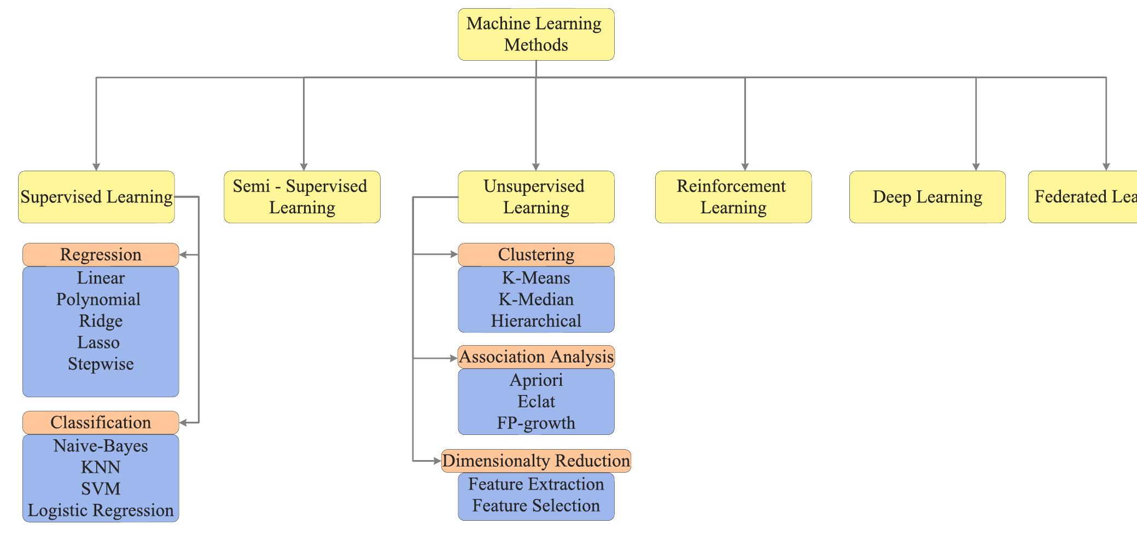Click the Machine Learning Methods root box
click(536, 34)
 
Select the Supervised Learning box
click(96, 197)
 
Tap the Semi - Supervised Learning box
click(302, 197)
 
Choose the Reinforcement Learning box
click(733, 197)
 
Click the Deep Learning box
click(927, 197)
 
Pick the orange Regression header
click(101, 255)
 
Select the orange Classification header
click(101, 423)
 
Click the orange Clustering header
click(536, 255)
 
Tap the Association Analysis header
click(536, 357)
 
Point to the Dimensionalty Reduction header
click(536, 461)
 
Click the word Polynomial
click(98, 300)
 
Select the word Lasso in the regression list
click(98, 343)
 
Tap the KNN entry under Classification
click(101, 468)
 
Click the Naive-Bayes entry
click(101, 446)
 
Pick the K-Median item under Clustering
click(536, 300)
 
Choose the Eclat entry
click(536, 402)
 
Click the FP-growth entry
click(536, 423)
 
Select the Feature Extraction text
click(536, 485)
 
